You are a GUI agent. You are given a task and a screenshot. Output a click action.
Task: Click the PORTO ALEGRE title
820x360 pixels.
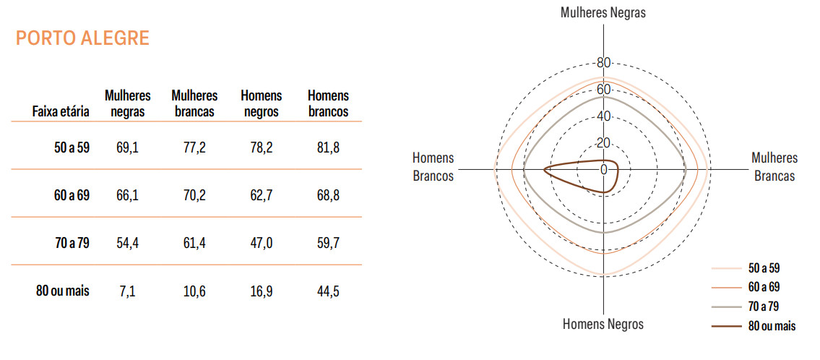[82, 39]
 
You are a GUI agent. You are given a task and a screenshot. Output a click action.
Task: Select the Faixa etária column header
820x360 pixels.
[61, 111]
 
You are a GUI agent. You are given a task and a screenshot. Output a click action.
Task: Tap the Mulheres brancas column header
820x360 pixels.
[194, 103]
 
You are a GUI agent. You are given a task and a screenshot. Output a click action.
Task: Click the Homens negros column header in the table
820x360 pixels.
[261, 103]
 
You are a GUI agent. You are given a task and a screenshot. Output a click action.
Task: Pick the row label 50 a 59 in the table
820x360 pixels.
[72, 147]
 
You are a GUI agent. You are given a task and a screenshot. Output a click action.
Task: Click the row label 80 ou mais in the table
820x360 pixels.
[63, 291]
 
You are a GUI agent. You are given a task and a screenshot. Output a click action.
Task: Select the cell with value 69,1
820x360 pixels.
[128, 147]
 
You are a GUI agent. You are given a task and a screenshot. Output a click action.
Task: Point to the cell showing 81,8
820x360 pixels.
[328, 147]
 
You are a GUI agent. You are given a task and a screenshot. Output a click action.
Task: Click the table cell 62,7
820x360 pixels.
[261, 196]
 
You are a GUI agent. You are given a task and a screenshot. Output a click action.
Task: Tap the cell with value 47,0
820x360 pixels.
[261, 244]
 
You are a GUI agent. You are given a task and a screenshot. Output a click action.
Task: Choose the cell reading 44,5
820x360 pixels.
[328, 291]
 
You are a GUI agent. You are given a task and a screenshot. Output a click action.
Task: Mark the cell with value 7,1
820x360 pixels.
[128, 291]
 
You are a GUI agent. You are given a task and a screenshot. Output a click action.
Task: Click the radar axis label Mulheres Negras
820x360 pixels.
[603, 12]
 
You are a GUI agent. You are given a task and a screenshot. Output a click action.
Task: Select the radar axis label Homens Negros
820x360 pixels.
[603, 324]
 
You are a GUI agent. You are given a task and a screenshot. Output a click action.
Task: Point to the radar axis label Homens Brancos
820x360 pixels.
[433, 166]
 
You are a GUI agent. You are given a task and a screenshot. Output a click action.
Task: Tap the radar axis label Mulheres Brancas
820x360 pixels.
[774, 166]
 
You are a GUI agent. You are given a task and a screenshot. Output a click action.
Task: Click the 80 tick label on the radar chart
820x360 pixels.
[604, 63]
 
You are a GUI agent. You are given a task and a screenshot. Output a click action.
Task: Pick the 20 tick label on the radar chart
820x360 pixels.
[604, 143]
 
